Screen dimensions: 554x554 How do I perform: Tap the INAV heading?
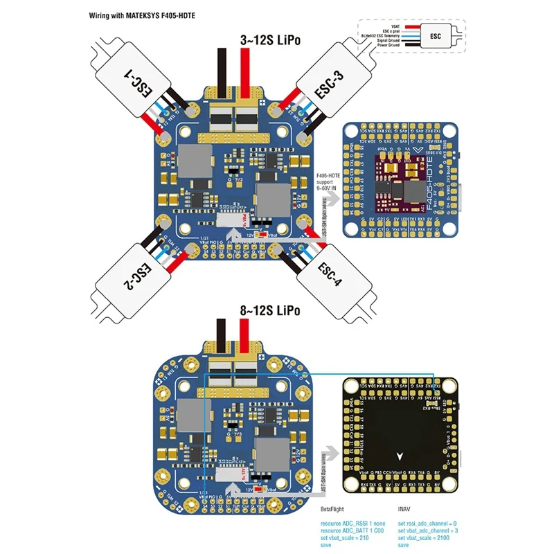[405, 508]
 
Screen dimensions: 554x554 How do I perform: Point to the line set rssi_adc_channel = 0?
[427, 524]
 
